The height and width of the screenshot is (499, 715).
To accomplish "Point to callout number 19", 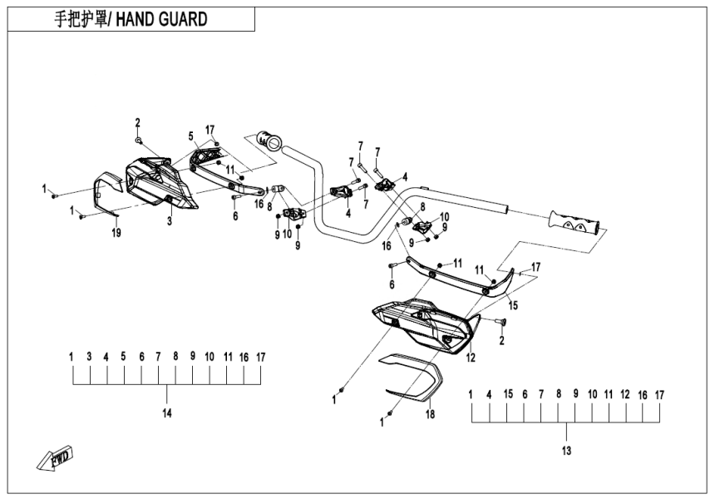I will (116, 234).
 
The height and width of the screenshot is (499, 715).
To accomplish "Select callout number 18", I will (431, 413).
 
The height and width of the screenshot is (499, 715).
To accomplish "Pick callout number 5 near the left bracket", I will (190, 136).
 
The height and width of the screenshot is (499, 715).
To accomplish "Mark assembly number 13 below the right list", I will (567, 452).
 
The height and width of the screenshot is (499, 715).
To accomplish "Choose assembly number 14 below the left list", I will (167, 413).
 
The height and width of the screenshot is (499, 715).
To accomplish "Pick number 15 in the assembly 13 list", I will (508, 394).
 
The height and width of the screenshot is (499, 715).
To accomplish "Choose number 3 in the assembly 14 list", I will (89, 356).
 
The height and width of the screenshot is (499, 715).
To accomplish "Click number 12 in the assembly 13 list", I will (626, 394).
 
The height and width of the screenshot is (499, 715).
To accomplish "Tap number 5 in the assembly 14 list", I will (123, 356).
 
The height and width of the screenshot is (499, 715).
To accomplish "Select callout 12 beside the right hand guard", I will (471, 358).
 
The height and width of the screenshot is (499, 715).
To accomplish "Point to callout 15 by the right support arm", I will (513, 306).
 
